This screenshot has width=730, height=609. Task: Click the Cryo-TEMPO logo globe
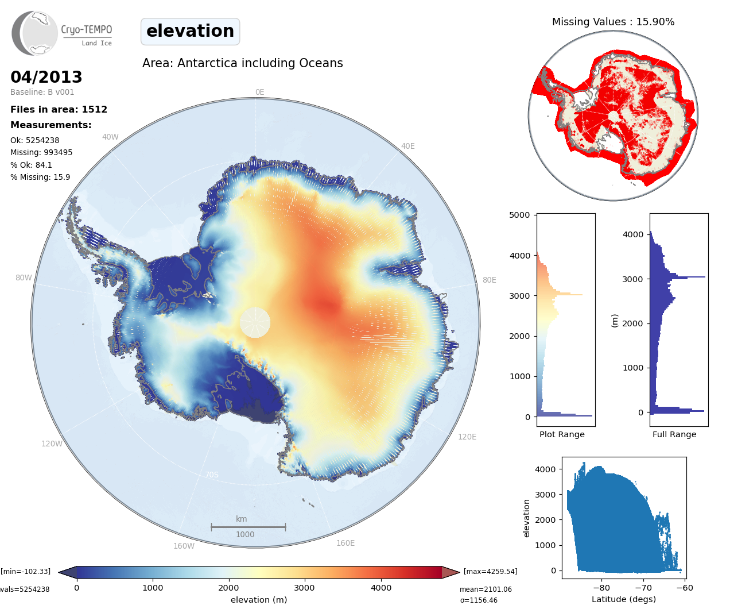click(x=35, y=33)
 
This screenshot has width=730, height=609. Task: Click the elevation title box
click(x=190, y=31)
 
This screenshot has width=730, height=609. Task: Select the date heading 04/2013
click(x=46, y=77)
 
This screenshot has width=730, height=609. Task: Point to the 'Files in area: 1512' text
click(x=59, y=109)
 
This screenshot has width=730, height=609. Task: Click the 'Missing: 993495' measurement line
click(x=41, y=152)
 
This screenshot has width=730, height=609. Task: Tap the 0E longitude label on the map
click(x=259, y=92)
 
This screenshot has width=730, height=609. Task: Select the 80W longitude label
click(x=24, y=277)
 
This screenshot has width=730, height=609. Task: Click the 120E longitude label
click(x=467, y=437)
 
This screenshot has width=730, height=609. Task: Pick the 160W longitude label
click(x=184, y=546)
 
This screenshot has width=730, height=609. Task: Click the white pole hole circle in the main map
click(x=255, y=322)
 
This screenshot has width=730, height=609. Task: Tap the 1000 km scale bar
click(x=248, y=527)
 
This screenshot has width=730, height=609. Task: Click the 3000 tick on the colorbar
click(x=304, y=587)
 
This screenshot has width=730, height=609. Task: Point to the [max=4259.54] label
click(x=490, y=571)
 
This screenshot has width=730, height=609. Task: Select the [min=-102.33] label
click(x=25, y=571)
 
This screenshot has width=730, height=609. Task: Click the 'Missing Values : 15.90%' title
click(x=613, y=22)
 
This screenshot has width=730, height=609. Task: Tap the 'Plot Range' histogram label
click(x=562, y=434)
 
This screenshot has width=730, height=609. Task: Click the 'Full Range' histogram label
click(x=674, y=434)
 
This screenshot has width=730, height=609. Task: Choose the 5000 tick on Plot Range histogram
click(x=519, y=215)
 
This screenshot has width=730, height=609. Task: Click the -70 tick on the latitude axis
click(x=643, y=587)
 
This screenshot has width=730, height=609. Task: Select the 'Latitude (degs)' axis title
click(x=624, y=599)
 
